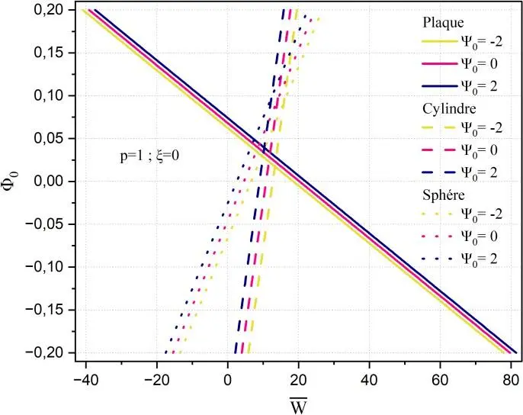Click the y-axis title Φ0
(x=13, y=182)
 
